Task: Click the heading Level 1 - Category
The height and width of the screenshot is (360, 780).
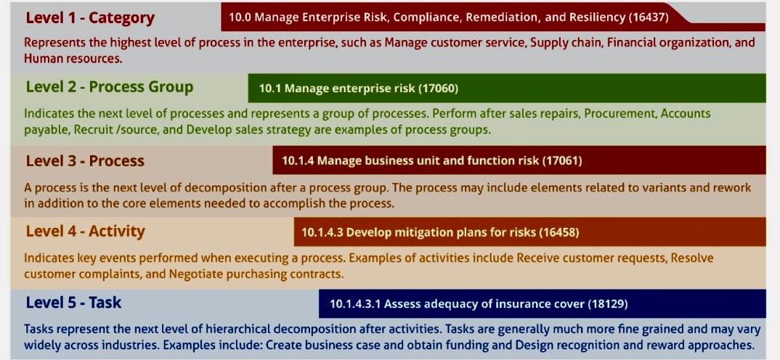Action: [90, 18]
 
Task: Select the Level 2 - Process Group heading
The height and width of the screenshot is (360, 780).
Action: [110, 87]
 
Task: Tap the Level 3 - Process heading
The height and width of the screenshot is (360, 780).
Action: [85, 160]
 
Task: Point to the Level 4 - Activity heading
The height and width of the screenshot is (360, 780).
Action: [86, 232]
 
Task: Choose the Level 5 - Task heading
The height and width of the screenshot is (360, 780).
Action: [73, 303]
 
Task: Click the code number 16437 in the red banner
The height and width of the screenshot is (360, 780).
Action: [649, 17]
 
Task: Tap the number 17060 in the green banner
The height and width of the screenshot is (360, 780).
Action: [438, 89]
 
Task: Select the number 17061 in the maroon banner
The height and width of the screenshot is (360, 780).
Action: [561, 160]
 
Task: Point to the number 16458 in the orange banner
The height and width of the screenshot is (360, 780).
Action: [559, 232]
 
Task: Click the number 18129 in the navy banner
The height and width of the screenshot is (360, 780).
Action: [607, 303]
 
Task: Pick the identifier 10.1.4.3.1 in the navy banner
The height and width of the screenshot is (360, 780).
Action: [356, 303]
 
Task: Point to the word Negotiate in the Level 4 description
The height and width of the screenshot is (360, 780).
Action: [194, 274]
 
